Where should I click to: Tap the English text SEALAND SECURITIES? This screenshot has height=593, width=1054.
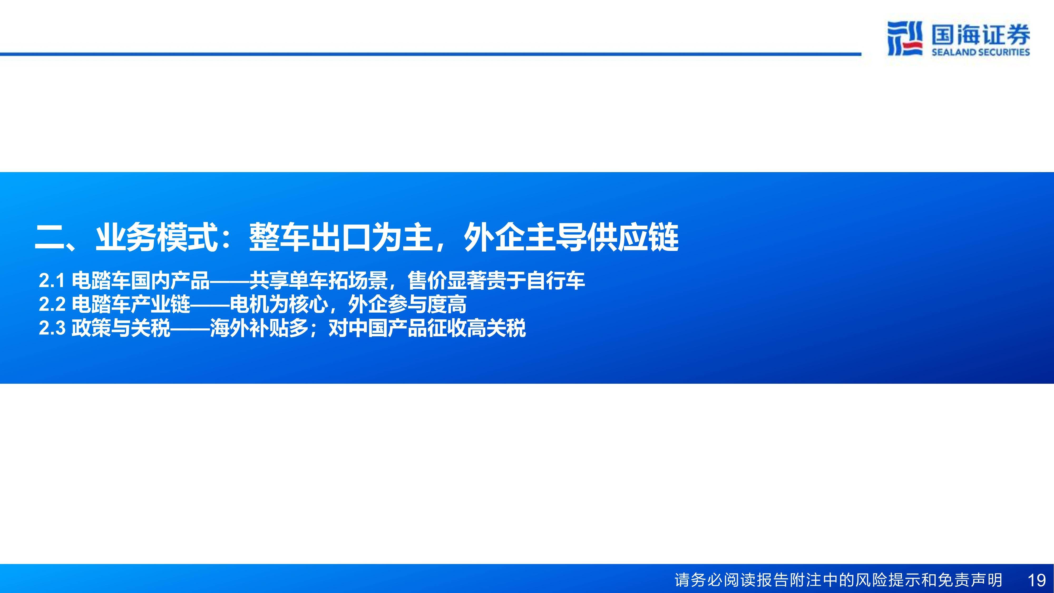(981, 52)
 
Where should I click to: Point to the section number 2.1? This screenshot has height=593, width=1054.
(52, 281)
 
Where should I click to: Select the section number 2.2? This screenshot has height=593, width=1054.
(52, 304)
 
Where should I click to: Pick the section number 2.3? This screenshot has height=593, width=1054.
(52, 328)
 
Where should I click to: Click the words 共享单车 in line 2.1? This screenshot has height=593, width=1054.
(289, 281)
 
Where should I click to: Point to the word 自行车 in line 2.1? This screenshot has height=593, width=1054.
(556, 281)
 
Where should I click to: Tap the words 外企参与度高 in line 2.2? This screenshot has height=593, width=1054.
(407, 304)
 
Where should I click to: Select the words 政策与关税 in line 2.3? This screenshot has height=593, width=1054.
(121, 328)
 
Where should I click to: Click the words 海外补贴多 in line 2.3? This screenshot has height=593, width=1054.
(259, 328)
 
